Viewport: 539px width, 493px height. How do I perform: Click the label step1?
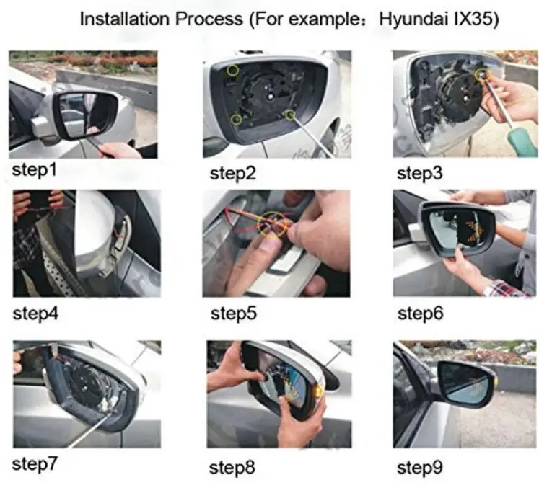[34, 170]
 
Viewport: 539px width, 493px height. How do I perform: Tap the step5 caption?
[233, 314]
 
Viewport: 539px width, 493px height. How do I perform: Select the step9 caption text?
[420, 468]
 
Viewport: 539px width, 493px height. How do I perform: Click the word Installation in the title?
[124, 19]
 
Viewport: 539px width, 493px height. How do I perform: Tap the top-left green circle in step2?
[233, 71]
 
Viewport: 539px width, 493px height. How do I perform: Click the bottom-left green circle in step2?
[236, 120]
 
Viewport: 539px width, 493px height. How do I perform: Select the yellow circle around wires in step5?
[271, 224]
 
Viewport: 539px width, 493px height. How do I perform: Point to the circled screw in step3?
[481, 74]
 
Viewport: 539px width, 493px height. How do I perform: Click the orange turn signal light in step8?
[319, 391]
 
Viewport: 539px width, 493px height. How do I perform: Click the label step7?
[35, 464]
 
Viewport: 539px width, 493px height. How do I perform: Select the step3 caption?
[419, 174]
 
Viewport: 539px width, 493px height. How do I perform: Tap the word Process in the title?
[209, 19]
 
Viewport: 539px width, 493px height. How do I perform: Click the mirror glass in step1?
[87, 115]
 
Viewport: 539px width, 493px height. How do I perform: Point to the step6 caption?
[420, 314]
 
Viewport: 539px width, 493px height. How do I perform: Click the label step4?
[35, 314]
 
